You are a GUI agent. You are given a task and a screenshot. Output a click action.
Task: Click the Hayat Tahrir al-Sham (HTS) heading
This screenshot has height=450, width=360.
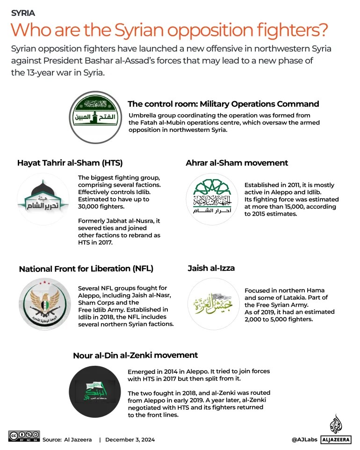tap(70, 163)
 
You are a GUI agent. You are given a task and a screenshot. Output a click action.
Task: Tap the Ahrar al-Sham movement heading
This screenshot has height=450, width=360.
tap(237, 163)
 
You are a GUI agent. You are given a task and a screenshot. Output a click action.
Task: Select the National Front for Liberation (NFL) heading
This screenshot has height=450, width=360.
tap(86, 269)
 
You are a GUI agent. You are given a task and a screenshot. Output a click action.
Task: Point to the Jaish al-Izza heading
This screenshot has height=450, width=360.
tap(211, 268)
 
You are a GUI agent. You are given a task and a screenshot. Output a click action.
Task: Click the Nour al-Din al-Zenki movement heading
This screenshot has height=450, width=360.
tap(135, 355)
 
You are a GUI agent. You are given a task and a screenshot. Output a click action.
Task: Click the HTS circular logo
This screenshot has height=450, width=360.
tap(43, 199)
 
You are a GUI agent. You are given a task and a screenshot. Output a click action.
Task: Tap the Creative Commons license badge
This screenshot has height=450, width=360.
tap(24, 436)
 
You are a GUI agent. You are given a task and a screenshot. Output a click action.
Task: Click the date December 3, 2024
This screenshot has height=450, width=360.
tap(130, 440)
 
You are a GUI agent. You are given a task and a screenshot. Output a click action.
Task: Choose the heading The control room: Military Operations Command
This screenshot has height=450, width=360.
tap(223, 104)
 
